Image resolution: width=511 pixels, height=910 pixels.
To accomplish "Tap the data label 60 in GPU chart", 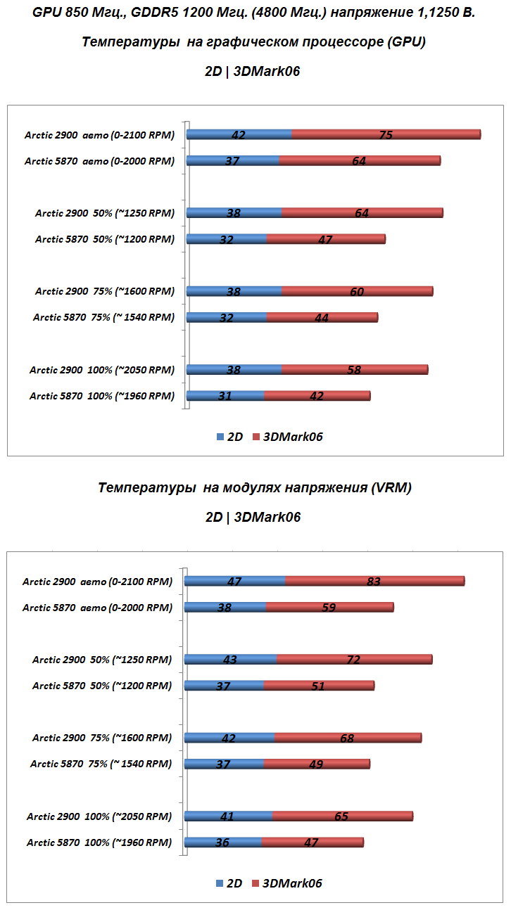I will click(356, 291).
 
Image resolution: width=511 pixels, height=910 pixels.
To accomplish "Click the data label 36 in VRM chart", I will click(222, 842).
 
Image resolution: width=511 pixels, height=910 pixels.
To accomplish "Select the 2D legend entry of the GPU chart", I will click(229, 437).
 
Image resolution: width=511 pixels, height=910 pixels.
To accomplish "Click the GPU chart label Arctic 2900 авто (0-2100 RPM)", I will click(99, 135).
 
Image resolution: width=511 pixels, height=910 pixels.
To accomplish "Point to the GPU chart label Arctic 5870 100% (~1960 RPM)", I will click(101, 396).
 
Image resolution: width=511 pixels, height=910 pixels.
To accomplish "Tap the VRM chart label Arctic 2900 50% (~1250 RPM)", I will click(102, 660).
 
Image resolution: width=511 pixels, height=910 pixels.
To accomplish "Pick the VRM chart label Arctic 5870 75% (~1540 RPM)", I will click(101, 764).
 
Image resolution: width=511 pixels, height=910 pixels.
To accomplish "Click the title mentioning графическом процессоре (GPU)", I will click(253, 42).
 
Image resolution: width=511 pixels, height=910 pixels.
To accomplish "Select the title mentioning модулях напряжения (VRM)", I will click(255, 488).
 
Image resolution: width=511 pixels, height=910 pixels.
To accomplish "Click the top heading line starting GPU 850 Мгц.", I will click(253, 13).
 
